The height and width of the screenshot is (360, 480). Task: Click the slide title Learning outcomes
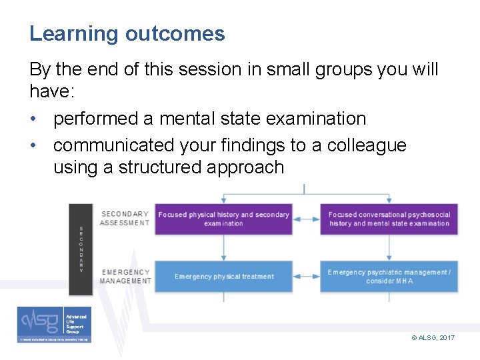point(127,33)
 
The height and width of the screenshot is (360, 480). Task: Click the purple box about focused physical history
point(224,219)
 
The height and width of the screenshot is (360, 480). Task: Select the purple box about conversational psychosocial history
point(389,219)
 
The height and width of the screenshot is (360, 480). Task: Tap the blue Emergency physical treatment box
point(224,277)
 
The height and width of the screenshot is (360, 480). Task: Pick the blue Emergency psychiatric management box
point(389,277)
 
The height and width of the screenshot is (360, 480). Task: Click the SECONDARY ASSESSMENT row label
point(125,219)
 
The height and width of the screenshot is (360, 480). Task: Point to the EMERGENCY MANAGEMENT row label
point(125,277)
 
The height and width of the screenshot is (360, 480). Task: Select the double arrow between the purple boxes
point(307,219)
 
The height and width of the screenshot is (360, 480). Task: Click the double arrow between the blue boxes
point(307,277)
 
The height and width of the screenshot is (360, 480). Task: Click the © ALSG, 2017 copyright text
point(433,338)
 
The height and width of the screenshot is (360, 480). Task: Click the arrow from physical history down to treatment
point(224,247)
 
